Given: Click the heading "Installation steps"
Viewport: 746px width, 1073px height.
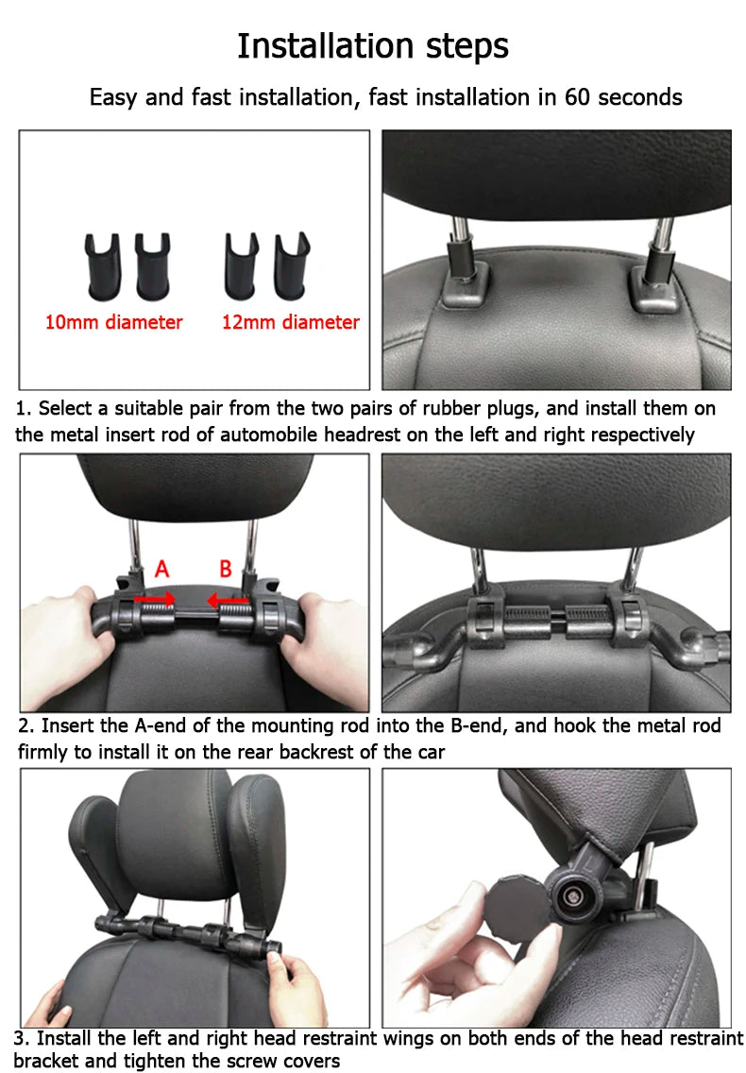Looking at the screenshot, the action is tap(373, 46).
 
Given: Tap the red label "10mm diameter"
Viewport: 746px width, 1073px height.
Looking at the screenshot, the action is tap(113, 322).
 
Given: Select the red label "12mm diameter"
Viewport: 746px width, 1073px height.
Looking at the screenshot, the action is tap(290, 322).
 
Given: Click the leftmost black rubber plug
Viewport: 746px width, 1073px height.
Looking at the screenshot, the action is tap(103, 267).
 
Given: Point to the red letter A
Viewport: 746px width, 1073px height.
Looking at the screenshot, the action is tap(161, 569).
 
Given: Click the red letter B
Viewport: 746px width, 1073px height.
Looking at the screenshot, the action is tap(225, 569).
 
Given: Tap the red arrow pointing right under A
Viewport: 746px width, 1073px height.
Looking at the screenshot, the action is tap(155, 600).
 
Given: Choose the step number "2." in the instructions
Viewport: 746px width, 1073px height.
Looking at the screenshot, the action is tap(26, 725).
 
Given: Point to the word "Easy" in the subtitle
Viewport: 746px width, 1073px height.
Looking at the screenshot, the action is tap(114, 98).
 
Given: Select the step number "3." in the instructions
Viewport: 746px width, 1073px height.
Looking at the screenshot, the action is tap(22, 1039).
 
